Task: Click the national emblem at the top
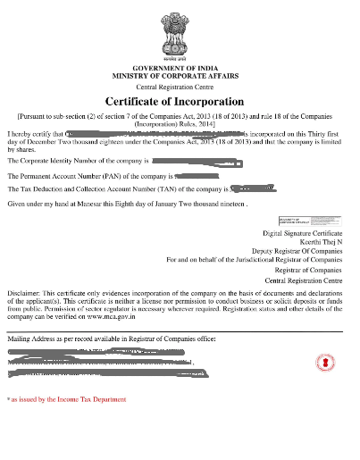point(179,36)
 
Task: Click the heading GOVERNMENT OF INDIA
point(179,69)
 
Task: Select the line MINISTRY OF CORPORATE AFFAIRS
point(179,77)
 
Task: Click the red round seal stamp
point(320,362)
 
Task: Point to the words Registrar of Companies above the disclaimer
point(308,269)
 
